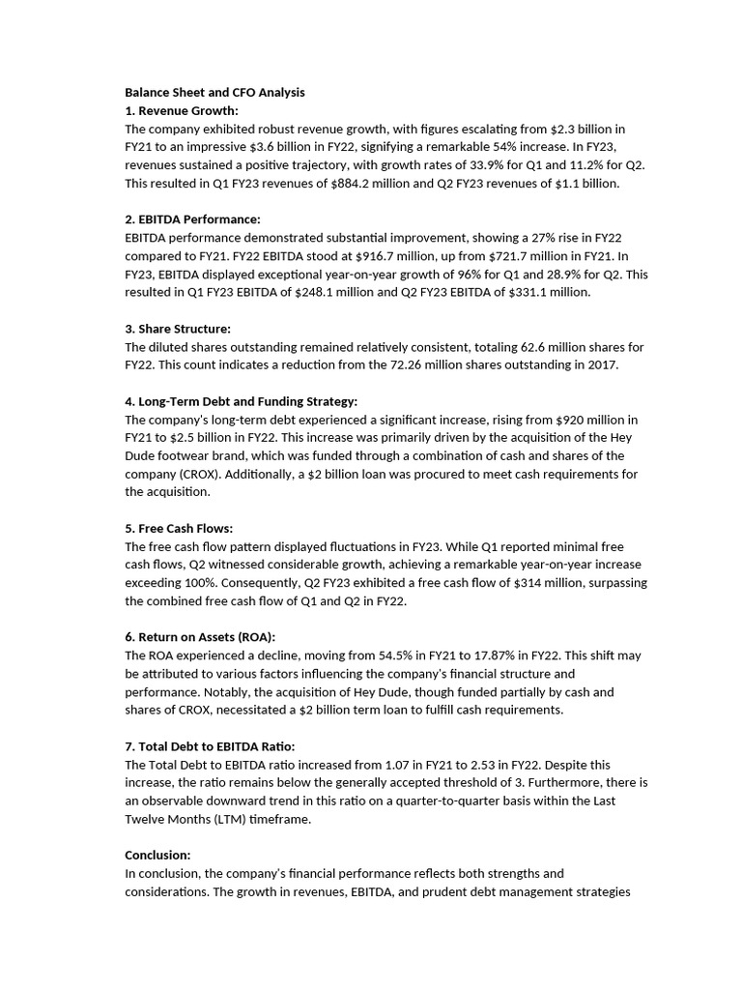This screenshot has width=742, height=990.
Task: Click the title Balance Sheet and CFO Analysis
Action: pyautogui.click(x=214, y=93)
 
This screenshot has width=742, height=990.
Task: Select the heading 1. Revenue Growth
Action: pyautogui.click(x=182, y=111)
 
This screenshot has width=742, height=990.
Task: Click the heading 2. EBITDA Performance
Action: pyautogui.click(x=192, y=219)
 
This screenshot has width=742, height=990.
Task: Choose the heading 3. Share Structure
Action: pyautogui.click(x=178, y=329)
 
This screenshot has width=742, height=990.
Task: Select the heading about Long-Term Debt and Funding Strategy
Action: pyautogui.click(x=241, y=401)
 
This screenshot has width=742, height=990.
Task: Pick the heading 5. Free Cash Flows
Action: pyautogui.click(x=179, y=529)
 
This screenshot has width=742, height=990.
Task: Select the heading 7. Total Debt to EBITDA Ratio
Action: pyautogui.click(x=210, y=746)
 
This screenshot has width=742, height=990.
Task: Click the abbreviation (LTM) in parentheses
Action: pyautogui.click(x=288, y=819)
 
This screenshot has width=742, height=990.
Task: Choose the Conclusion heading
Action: pyautogui.click(x=157, y=855)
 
